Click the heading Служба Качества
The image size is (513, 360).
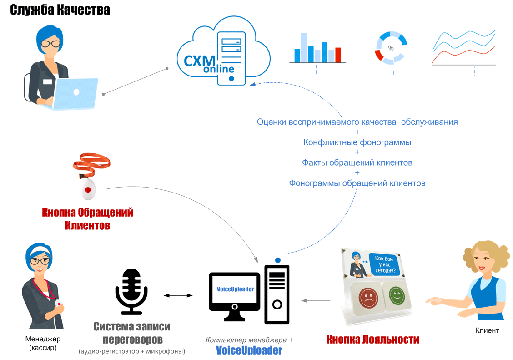coord(60,10)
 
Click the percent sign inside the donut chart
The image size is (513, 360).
coord(391,48)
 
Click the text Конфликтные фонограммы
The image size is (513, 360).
coord(357,142)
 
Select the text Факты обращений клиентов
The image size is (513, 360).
coord(357,162)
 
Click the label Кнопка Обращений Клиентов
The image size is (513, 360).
coord(87,218)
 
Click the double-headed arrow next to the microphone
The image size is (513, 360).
coord(178,296)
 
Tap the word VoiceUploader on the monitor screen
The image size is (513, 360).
coord(235,289)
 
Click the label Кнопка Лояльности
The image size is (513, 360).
coord(372,340)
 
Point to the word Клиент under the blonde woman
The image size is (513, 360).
coord(487,330)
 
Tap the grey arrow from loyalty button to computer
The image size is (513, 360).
coord(316,300)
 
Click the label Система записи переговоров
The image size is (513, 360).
coord(131,333)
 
